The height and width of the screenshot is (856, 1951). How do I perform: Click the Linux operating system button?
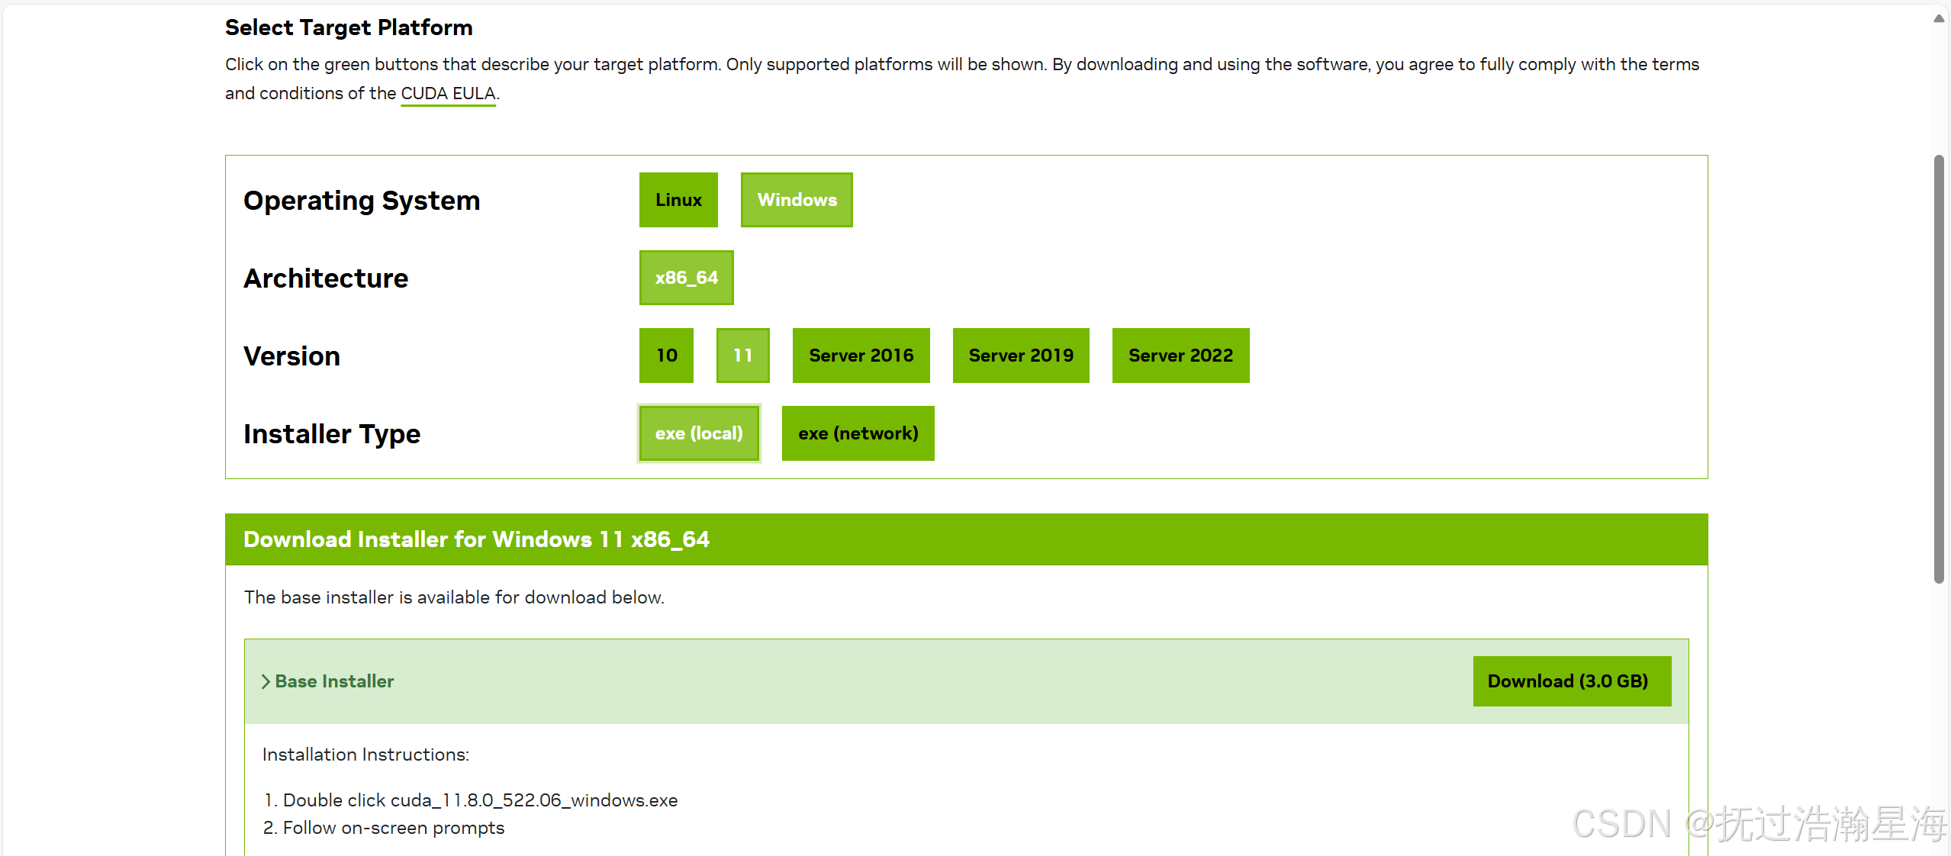pyautogui.click(x=678, y=200)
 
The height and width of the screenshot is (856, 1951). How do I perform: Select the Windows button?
pyautogui.click(x=797, y=200)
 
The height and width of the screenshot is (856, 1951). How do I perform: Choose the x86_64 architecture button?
pyautogui.click(x=686, y=278)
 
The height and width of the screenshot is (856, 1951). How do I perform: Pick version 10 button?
pyautogui.click(x=666, y=356)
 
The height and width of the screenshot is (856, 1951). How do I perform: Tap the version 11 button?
pyautogui.click(x=742, y=356)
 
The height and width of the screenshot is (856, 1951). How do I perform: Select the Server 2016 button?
pyautogui.click(x=861, y=356)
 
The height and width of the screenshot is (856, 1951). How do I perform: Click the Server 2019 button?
pyautogui.click(x=1021, y=356)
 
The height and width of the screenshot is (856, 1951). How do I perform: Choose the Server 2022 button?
pyautogui.click(x=1180, y=356)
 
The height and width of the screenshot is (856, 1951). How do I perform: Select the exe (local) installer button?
pyautogui.click(x=699, y=433)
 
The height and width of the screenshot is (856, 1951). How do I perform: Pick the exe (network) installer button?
pyautogui.click(x=858, y=433)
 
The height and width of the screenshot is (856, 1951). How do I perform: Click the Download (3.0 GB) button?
pyautogui.click(x=1572, y=681)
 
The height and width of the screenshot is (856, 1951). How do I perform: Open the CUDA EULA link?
pyautogui.click(x=448, y=94)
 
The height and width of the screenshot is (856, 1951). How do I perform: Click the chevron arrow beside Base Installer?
pyautogui.click(x=266, y=681)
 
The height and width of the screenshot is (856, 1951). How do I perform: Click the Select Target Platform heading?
pyautogui.click(x=349, y=27)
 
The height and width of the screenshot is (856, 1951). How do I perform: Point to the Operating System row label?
pyautogui.click(x=362, y=201)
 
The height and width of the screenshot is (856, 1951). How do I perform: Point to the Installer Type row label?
pyautogui.click(x=332, y=434)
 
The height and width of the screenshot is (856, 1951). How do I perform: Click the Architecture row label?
pyautogui.click(x=326, y=278)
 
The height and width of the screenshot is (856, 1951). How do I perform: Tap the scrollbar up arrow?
pyautogui.click(x=1939, y=18)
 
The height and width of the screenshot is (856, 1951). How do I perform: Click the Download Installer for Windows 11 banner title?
pyautogui.click(x=476, y=539)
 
